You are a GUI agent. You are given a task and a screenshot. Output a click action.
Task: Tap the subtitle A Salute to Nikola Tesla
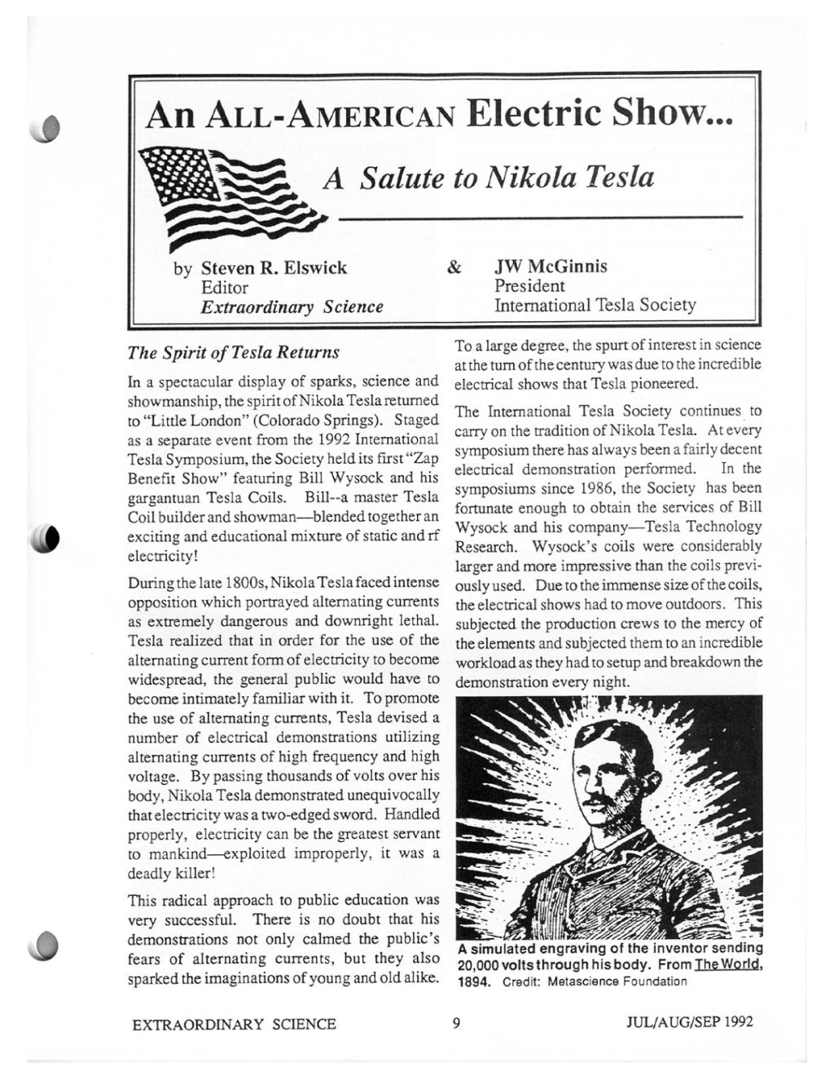[488, 177]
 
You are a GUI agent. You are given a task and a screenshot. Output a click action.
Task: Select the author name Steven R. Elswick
[274, 267]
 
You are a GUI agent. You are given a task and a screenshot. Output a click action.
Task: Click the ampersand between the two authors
[454, 267]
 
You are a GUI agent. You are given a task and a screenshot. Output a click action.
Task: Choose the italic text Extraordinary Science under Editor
[292, 307]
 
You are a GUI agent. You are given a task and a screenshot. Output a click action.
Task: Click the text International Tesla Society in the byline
[595, 306]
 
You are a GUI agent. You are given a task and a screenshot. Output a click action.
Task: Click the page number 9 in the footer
[456, 1023]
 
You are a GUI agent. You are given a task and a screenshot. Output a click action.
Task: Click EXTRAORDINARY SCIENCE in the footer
[234, 1024]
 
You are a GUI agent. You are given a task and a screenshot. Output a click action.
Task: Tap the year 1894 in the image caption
[474, 981]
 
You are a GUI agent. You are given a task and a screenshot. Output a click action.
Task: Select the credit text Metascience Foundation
[617, 981]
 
